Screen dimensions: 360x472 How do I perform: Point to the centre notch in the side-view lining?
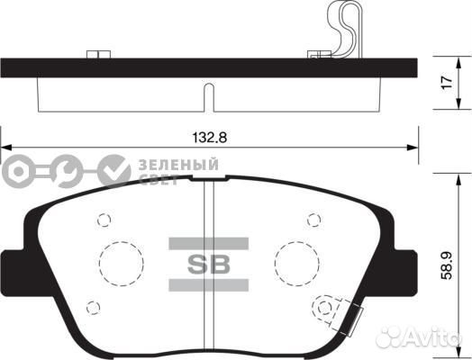click(208, 97)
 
